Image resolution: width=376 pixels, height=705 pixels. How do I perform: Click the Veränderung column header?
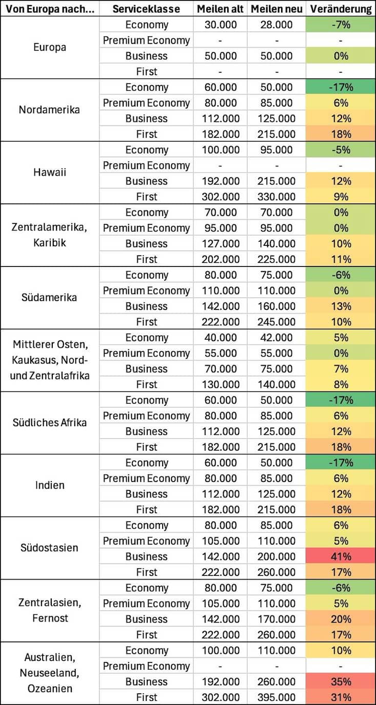click(x=341, y=9)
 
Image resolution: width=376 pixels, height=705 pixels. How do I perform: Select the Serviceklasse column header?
click(x=146, y=9)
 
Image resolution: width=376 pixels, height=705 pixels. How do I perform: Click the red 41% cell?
click(x=341, y=556)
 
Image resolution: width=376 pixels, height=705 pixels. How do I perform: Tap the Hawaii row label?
click(x=49, y=173)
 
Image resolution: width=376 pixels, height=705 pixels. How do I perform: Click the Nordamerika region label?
click(x=49, y=110)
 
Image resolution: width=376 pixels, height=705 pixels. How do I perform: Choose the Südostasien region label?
click(x=49, y=548)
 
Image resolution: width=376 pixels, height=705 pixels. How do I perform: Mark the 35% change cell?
click(x=341, y=681)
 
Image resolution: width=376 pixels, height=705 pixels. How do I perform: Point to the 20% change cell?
click(x=341, y=619)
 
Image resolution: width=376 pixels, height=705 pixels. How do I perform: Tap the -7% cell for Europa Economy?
click(x=341, y=25)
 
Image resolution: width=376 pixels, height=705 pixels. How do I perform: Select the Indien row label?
click(x=49, y=485)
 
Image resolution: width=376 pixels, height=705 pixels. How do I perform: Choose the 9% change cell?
click(x=341, y=197)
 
